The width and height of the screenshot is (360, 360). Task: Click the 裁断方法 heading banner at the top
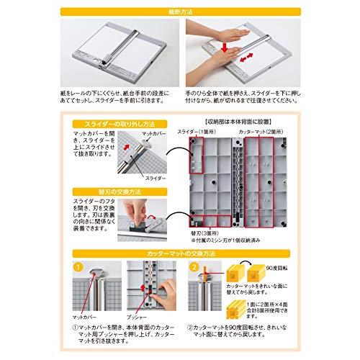[x=179, y=11]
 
